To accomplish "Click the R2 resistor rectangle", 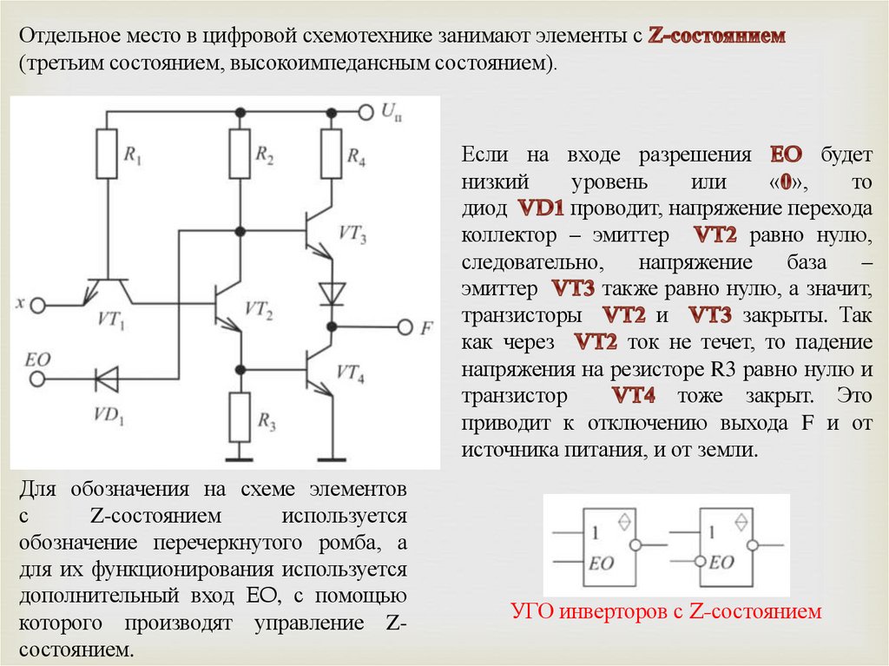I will tap(239, 154).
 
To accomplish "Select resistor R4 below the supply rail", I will tap(331, 154).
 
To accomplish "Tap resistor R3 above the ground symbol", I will tap(239, 417).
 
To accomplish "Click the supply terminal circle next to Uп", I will tap(365, 112).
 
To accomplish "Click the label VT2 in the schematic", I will tap(260, 309).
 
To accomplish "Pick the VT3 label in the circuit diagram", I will tap(352, 235).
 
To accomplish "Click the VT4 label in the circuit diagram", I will tap(351, 375).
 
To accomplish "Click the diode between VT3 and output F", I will tap(331, 292).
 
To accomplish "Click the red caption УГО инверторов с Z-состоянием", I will tap(666, 612).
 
